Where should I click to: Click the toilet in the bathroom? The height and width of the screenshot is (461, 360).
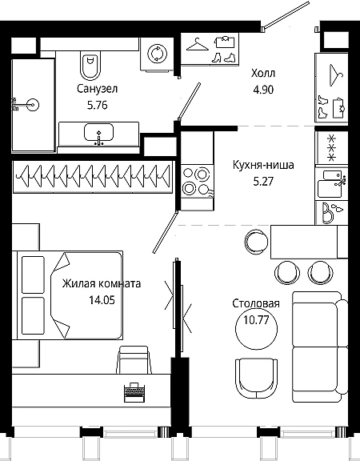click(90, 65)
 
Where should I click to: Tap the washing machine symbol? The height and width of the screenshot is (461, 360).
click(157, 54)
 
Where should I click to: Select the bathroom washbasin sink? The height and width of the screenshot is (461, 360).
click(98, 133)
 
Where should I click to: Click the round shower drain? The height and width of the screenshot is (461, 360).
click(33, 105)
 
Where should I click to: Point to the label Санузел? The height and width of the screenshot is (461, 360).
click(98, 89)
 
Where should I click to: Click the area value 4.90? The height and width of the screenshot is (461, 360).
click(263, 90)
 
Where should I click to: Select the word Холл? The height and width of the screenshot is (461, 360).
click(263, 73)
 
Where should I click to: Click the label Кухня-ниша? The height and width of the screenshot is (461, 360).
click(263, 165)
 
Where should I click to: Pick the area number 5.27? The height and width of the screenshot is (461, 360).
click(263, 182)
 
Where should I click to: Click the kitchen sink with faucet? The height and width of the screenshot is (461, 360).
click(331, 184)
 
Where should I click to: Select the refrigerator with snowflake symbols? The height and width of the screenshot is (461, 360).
click(331, 147)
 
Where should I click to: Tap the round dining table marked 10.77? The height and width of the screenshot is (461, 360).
click(257, 328)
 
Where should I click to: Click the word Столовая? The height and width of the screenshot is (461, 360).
click(256, 303)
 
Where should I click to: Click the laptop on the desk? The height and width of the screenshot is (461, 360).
click(134, 392)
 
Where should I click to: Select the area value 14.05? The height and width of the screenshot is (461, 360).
click(102, 300)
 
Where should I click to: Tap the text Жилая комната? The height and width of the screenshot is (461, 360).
click(102, 283)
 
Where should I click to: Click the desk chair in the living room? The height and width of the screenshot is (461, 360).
click(134, 360)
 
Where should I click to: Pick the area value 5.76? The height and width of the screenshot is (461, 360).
click(98, 105)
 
